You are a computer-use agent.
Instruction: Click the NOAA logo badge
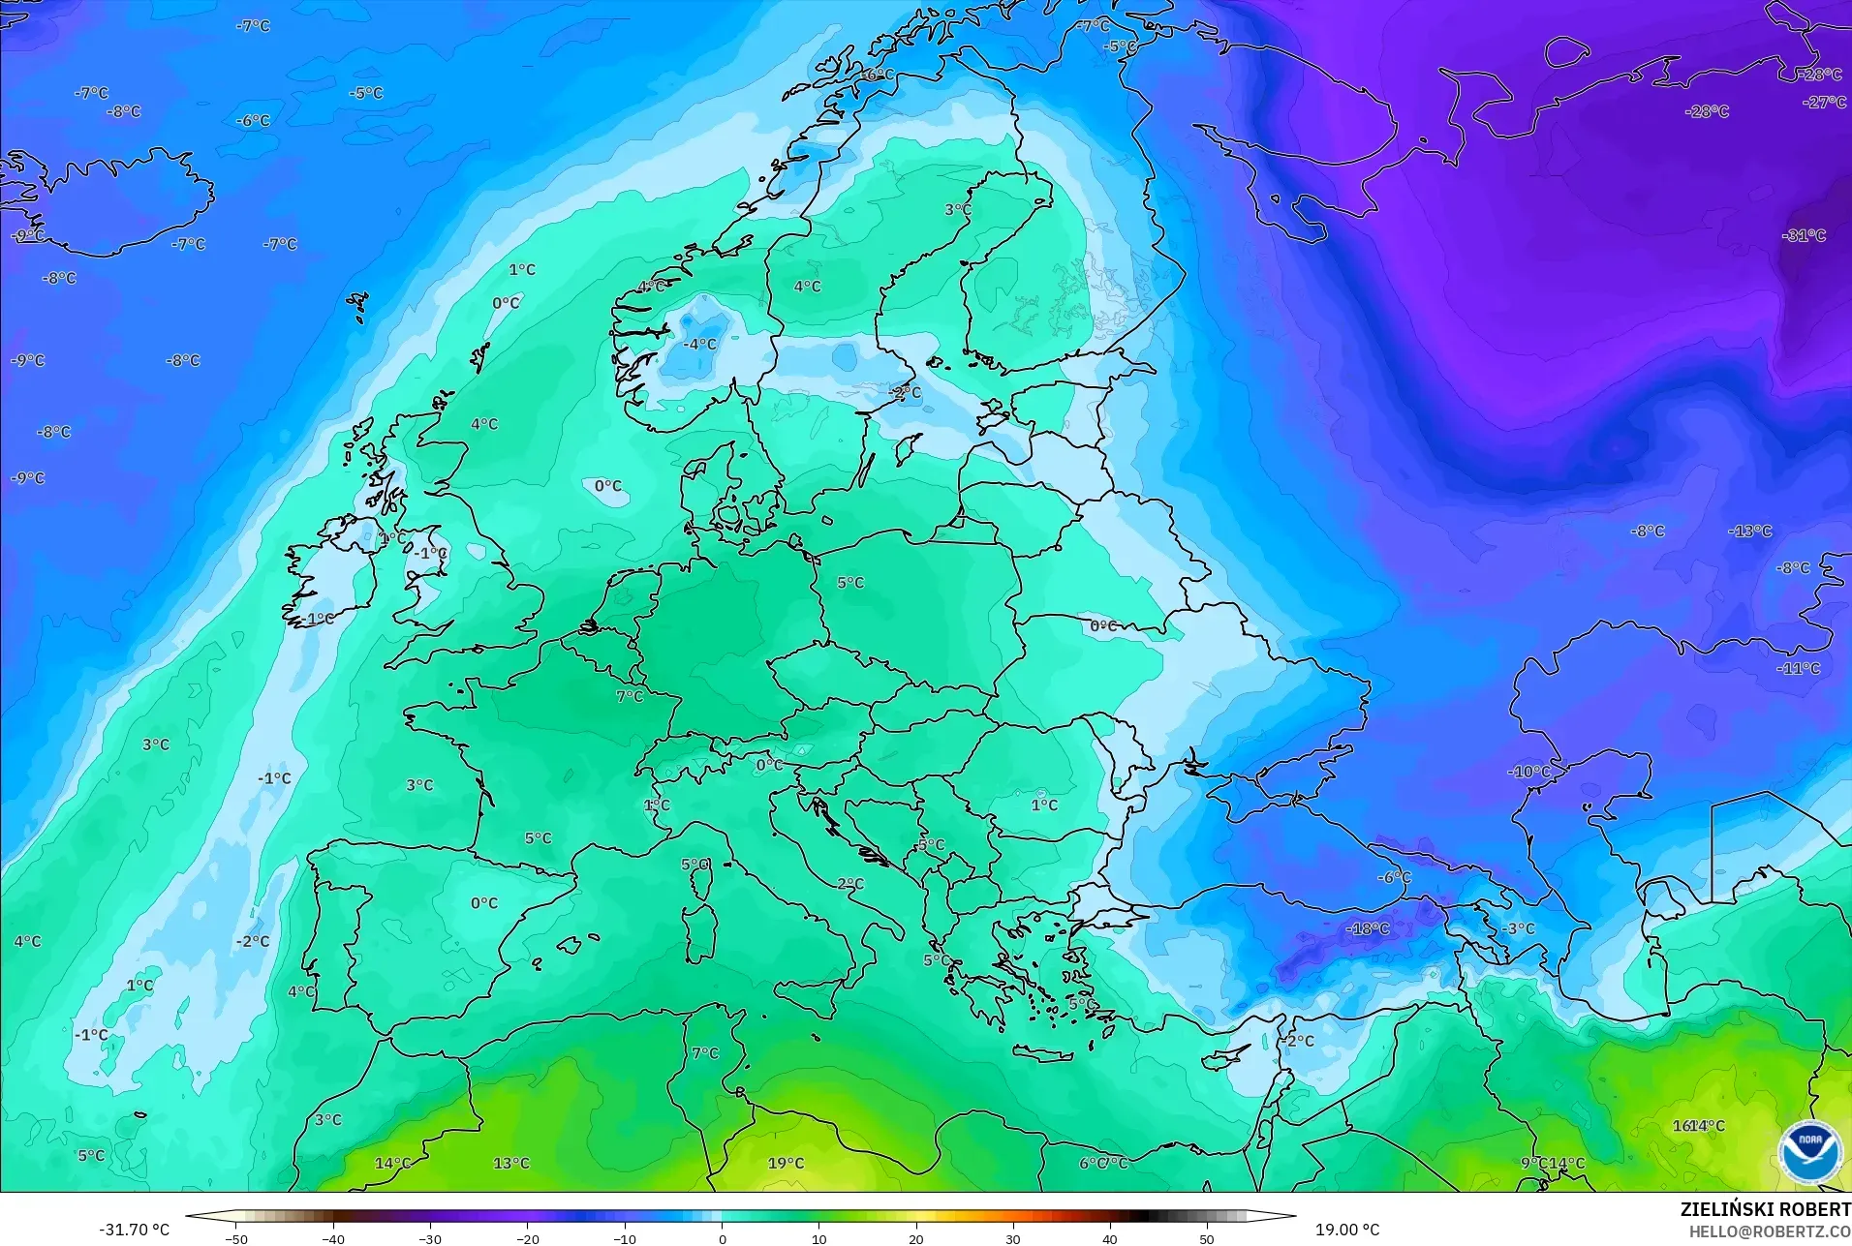1809,1152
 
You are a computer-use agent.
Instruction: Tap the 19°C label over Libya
786,1163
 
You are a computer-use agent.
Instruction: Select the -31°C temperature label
1804,235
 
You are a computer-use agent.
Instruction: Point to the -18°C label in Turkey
1367,928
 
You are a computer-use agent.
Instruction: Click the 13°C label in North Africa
511,1163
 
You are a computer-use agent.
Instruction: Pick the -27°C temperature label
1824,102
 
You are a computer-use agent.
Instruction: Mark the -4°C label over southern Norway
699,344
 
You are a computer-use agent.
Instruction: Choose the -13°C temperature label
1749,531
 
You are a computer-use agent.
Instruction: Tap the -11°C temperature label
1798,668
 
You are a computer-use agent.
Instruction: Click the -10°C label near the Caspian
1528,772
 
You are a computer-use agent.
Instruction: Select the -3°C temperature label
1518,928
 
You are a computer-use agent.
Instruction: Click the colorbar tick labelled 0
722,1238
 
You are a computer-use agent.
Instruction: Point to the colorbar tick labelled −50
236,1238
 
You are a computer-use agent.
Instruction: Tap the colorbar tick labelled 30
1012,1238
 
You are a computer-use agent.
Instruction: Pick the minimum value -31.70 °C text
134,1230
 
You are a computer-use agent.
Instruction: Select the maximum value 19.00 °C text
1346,1230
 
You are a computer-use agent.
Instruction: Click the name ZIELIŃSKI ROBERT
1765,1209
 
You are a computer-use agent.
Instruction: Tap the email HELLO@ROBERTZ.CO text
1770,1232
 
